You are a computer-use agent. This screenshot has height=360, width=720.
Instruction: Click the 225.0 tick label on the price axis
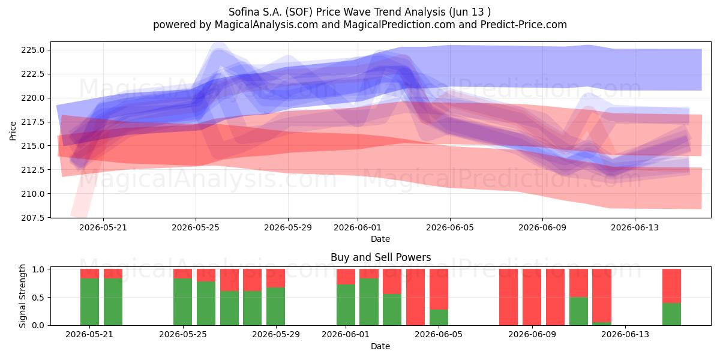click(x=33, y=50)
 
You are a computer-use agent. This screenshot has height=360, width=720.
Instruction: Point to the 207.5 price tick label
click(x=33, y=218)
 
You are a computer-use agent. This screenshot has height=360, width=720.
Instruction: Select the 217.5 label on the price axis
click(x=33, y=122)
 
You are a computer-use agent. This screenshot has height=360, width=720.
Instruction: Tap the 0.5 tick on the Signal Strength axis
click(x=38, y=298)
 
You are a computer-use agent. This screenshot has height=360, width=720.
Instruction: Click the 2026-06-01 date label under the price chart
click(x=358, y=227)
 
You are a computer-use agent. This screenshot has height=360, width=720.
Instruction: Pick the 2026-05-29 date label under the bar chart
click(x=276, y=334)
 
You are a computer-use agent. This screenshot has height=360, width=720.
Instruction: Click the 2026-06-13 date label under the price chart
click(x=635, y=227)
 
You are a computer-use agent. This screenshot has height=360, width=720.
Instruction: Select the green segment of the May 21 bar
click(x=89, y=302)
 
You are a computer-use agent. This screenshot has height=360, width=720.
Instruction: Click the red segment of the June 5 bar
click(x=439, y=289)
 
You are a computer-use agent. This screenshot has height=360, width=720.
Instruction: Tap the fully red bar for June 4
click(x=415, y=297)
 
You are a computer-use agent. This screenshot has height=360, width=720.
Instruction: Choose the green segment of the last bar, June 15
click(x=671, y=314)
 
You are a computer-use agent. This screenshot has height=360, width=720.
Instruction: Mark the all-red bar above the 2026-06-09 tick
click(x=532, y=297)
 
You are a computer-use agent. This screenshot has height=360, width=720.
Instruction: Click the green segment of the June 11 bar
click(x=578, y=311)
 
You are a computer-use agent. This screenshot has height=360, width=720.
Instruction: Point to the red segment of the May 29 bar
click(x=275, y=278)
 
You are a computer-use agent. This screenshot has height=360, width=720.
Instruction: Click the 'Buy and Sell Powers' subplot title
click(x=380, y=257)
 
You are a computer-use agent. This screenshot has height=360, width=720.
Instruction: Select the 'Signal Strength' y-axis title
click(x=22, y=296)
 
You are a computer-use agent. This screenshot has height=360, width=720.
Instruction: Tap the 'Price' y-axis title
click(x=13, y=131)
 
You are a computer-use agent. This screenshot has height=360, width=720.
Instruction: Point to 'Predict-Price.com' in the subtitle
click(x=524, y=25)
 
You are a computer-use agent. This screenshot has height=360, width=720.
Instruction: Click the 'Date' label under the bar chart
click(x=380, y=346)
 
